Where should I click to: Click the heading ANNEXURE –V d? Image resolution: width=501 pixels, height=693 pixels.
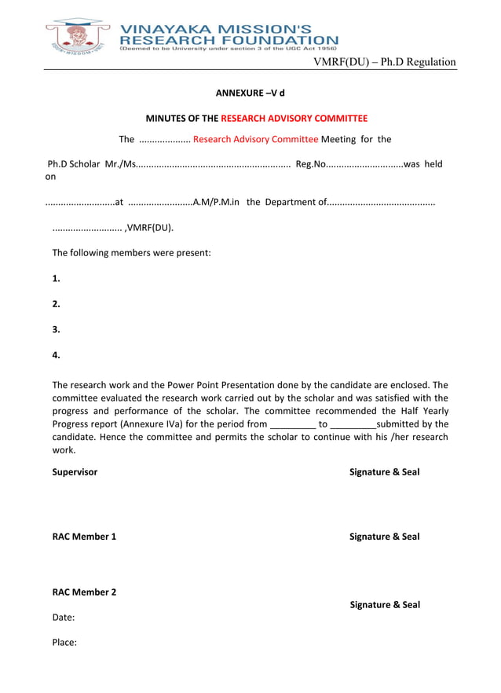(x=250, y=93)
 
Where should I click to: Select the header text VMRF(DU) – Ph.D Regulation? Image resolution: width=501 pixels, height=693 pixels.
(x=385, y=62)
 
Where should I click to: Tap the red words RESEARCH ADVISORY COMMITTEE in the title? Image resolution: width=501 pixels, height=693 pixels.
(x=294, y=119)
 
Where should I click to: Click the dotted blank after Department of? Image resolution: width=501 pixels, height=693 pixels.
(x=381, y=203)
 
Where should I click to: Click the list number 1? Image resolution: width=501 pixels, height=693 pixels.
(x=56, y=278)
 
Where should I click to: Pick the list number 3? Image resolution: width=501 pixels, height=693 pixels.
(x=56, y=329)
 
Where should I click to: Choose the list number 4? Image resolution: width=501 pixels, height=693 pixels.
(x=56, y=354)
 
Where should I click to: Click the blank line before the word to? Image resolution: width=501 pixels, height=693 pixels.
(x=292, y=424)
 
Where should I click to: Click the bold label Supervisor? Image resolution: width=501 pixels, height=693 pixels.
(x=75, y=472)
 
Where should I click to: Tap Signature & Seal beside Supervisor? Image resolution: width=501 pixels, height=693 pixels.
(x=384, y=472)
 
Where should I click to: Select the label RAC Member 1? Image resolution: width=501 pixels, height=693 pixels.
(x=84, y=537)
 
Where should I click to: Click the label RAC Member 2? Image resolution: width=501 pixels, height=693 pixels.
(x=84, y=592)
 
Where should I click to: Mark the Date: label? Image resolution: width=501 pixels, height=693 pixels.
(x=64, y=618)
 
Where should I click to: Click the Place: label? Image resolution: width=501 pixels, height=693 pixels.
(x=64, y=643)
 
